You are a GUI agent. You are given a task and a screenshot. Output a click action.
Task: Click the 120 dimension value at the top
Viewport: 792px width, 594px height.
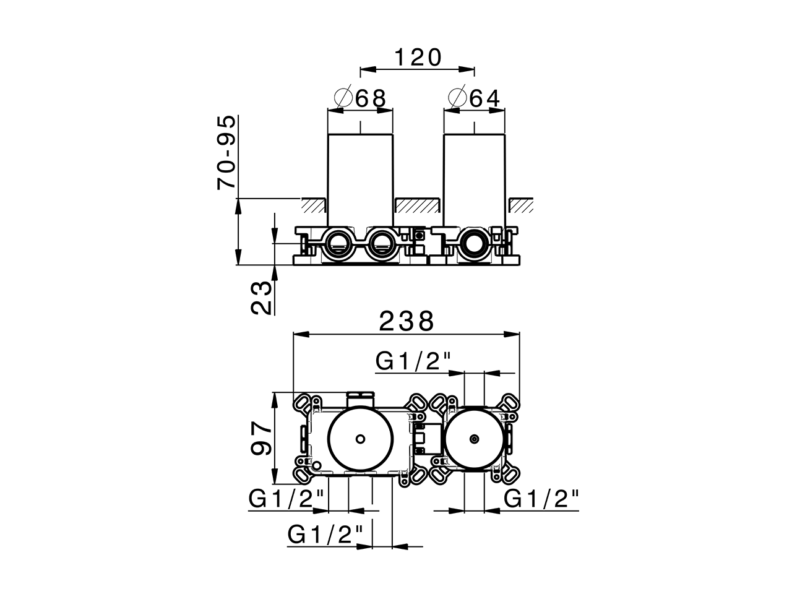pos(418,58)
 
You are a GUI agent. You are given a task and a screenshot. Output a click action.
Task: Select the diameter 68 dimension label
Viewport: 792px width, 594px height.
pos(361,98)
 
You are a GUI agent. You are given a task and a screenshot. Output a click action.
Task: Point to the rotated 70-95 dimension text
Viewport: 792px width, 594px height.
pos(227,152)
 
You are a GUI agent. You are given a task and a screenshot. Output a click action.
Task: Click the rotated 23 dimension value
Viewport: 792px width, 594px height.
pos(262,298)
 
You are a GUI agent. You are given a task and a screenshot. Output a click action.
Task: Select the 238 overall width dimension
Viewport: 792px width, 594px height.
pos(407,321)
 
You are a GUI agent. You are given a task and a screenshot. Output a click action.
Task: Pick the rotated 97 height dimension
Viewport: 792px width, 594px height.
pos(262,438)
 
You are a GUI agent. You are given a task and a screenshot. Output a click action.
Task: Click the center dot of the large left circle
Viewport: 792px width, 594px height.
pos(360,439)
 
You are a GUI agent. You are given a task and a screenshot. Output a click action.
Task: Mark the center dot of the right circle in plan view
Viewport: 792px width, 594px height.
pos(474,439)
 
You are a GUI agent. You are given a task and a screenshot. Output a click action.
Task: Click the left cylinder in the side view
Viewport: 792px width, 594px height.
pos(360,176)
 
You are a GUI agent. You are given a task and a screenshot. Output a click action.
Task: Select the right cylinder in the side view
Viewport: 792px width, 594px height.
pos(475,176)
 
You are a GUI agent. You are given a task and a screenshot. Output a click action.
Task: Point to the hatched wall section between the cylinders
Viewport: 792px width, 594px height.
pos(418,205)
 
